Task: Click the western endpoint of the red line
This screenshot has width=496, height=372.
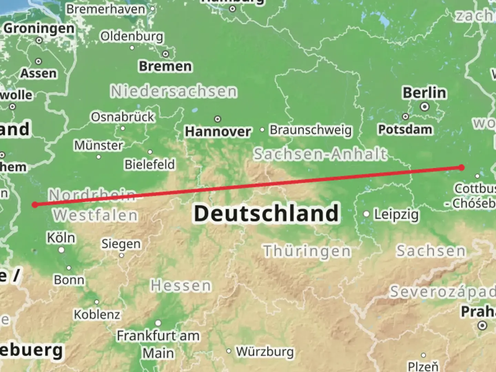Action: click(x=35, y=205)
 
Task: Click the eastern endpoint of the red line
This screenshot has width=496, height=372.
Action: click(x=462, y=167)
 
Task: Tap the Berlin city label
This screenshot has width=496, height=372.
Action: click(x=424, y=93)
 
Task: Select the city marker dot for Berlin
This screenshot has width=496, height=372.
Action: click(x=425, y=106)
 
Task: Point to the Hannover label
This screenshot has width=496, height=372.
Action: click(x=218, y=131)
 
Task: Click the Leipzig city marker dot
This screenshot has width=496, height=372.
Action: click(x=366, y=214)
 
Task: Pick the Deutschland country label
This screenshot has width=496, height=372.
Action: click(x=266, y=213)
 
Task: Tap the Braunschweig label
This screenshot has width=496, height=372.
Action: click(x=310, y=130)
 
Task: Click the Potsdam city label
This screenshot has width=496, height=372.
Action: click(x=405, y=130)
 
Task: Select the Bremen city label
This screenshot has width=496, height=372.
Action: click(x=165, y=66)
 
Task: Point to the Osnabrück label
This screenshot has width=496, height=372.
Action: click(x=123, y=117)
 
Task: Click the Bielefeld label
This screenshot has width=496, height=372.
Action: click(x=150, y=164)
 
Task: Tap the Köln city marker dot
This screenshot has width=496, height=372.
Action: click(x=62, y=250)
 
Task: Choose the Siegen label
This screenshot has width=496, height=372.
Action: click(x=121, y=244)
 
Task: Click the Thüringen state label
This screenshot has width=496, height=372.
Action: click(x=307, y=251)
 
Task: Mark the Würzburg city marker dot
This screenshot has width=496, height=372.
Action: click(x=229, y=351)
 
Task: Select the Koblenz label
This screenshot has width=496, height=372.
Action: click(x=97, y=314)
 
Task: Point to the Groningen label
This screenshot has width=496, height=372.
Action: click(x=39, y=28)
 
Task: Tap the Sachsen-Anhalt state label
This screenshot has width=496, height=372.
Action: click(x=320, y=154)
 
